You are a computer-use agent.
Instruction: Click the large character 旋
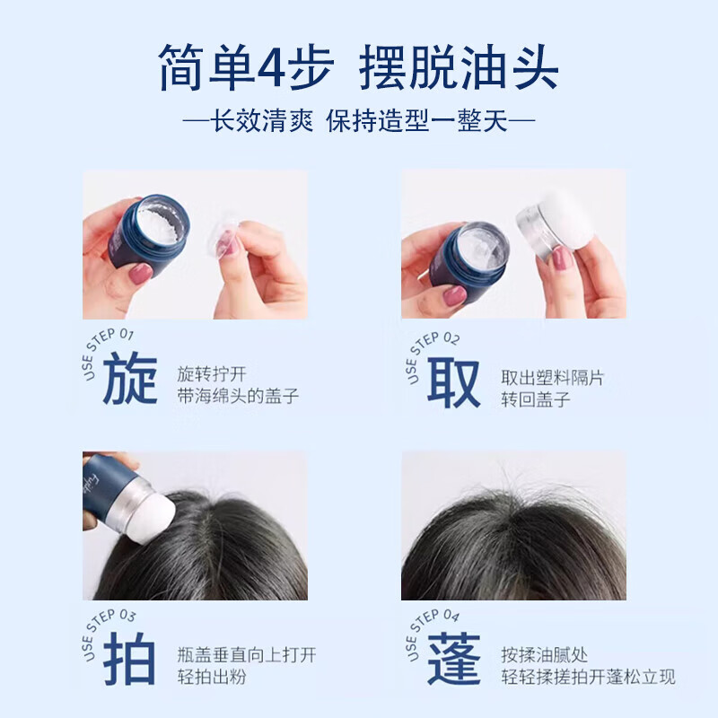(130, 380)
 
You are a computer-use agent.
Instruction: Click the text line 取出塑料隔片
(553, 378)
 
